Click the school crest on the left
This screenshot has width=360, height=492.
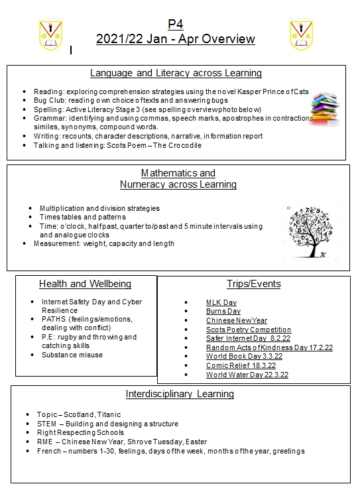pos(50,34)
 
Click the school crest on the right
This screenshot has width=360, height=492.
pos(301,34)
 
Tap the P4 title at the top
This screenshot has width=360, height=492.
pos(175,25)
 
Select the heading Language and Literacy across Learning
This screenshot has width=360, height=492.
pos(176,73)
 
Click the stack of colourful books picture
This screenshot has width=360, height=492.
pos(326,107)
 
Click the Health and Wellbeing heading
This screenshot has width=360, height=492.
pos(85,284)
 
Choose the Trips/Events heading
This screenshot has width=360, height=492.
pos(253,284)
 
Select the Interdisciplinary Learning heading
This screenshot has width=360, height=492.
pos(180,394)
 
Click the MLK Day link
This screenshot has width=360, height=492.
pos(221,302)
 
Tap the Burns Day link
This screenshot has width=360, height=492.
pos(223,312)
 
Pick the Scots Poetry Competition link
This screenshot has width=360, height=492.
pos(249,330)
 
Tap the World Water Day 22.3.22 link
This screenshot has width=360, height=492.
pos(247,375)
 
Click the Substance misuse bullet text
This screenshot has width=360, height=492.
pos(72,355)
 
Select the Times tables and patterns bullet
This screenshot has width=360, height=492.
pos(86,217)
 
